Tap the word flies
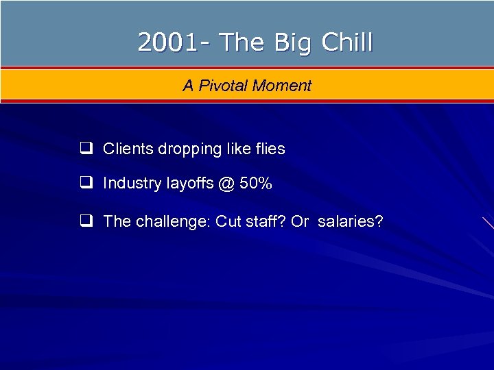[x=270, y=149]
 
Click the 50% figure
[x=255, y=183]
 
